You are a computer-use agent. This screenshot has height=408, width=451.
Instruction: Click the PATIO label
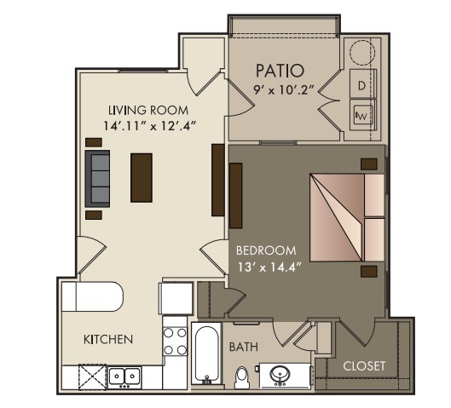[x=280, y=71]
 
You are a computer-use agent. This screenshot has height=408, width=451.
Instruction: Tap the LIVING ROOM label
[x=148, y=111]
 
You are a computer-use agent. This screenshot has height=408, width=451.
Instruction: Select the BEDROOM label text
[x=266, y=250]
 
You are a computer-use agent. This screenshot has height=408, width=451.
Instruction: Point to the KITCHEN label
[x=108, y=339]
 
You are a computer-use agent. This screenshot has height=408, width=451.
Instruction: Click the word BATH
[x=244, y=347]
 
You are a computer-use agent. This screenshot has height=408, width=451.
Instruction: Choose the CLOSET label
[x=364, y=366]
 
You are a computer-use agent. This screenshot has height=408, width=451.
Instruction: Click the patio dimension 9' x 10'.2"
[x=283, y=90]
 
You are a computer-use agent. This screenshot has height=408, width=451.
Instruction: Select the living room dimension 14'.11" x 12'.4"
[x=149, y=126]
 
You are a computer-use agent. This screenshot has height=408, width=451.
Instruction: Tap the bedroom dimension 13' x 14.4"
[x=269, y=267]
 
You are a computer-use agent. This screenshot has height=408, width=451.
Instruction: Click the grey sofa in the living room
[x=97, y=178]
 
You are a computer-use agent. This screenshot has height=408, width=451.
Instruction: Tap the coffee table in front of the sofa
[x=142, y=177]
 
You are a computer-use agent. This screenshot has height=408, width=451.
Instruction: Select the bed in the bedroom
[x=348, y=217]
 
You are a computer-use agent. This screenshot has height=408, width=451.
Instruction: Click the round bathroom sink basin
[x=280, y=375]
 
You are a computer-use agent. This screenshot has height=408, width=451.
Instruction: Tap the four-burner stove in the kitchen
[x=175, y=342]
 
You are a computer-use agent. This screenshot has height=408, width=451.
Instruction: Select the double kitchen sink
[x=124, y=376]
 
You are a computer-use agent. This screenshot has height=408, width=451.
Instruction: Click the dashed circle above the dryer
[x=362, y=53]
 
